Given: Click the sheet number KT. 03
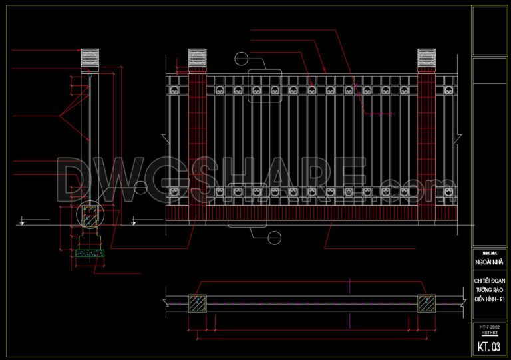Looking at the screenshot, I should (488, 347).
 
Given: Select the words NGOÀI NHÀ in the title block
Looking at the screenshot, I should (488, 262).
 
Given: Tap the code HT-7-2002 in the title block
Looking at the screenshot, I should (488, 328).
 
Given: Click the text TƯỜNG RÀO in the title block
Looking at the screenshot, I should (488, 291).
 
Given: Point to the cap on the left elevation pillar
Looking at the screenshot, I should (198, 58).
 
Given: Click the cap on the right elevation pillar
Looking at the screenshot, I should (426, 58).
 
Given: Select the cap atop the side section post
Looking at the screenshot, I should (89, 58).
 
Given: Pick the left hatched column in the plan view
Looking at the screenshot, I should (198, 303).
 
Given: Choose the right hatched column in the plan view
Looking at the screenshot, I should (426, 303).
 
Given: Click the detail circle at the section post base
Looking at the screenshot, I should (89, 214).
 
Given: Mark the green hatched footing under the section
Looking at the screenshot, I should (90, 254).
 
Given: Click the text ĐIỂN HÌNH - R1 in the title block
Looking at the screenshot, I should (488, 301).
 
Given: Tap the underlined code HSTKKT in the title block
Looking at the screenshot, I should (488, 334).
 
